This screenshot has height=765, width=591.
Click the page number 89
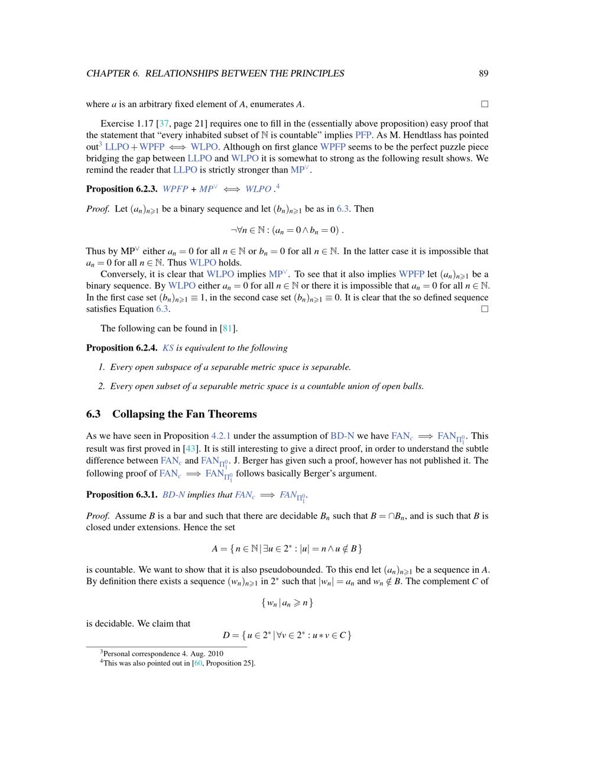483,73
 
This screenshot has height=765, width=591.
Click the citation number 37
164,124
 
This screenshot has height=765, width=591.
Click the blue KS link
168,348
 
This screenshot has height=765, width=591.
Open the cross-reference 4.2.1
221,436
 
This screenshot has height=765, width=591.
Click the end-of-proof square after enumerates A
485,104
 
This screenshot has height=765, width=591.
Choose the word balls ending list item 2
412,387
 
